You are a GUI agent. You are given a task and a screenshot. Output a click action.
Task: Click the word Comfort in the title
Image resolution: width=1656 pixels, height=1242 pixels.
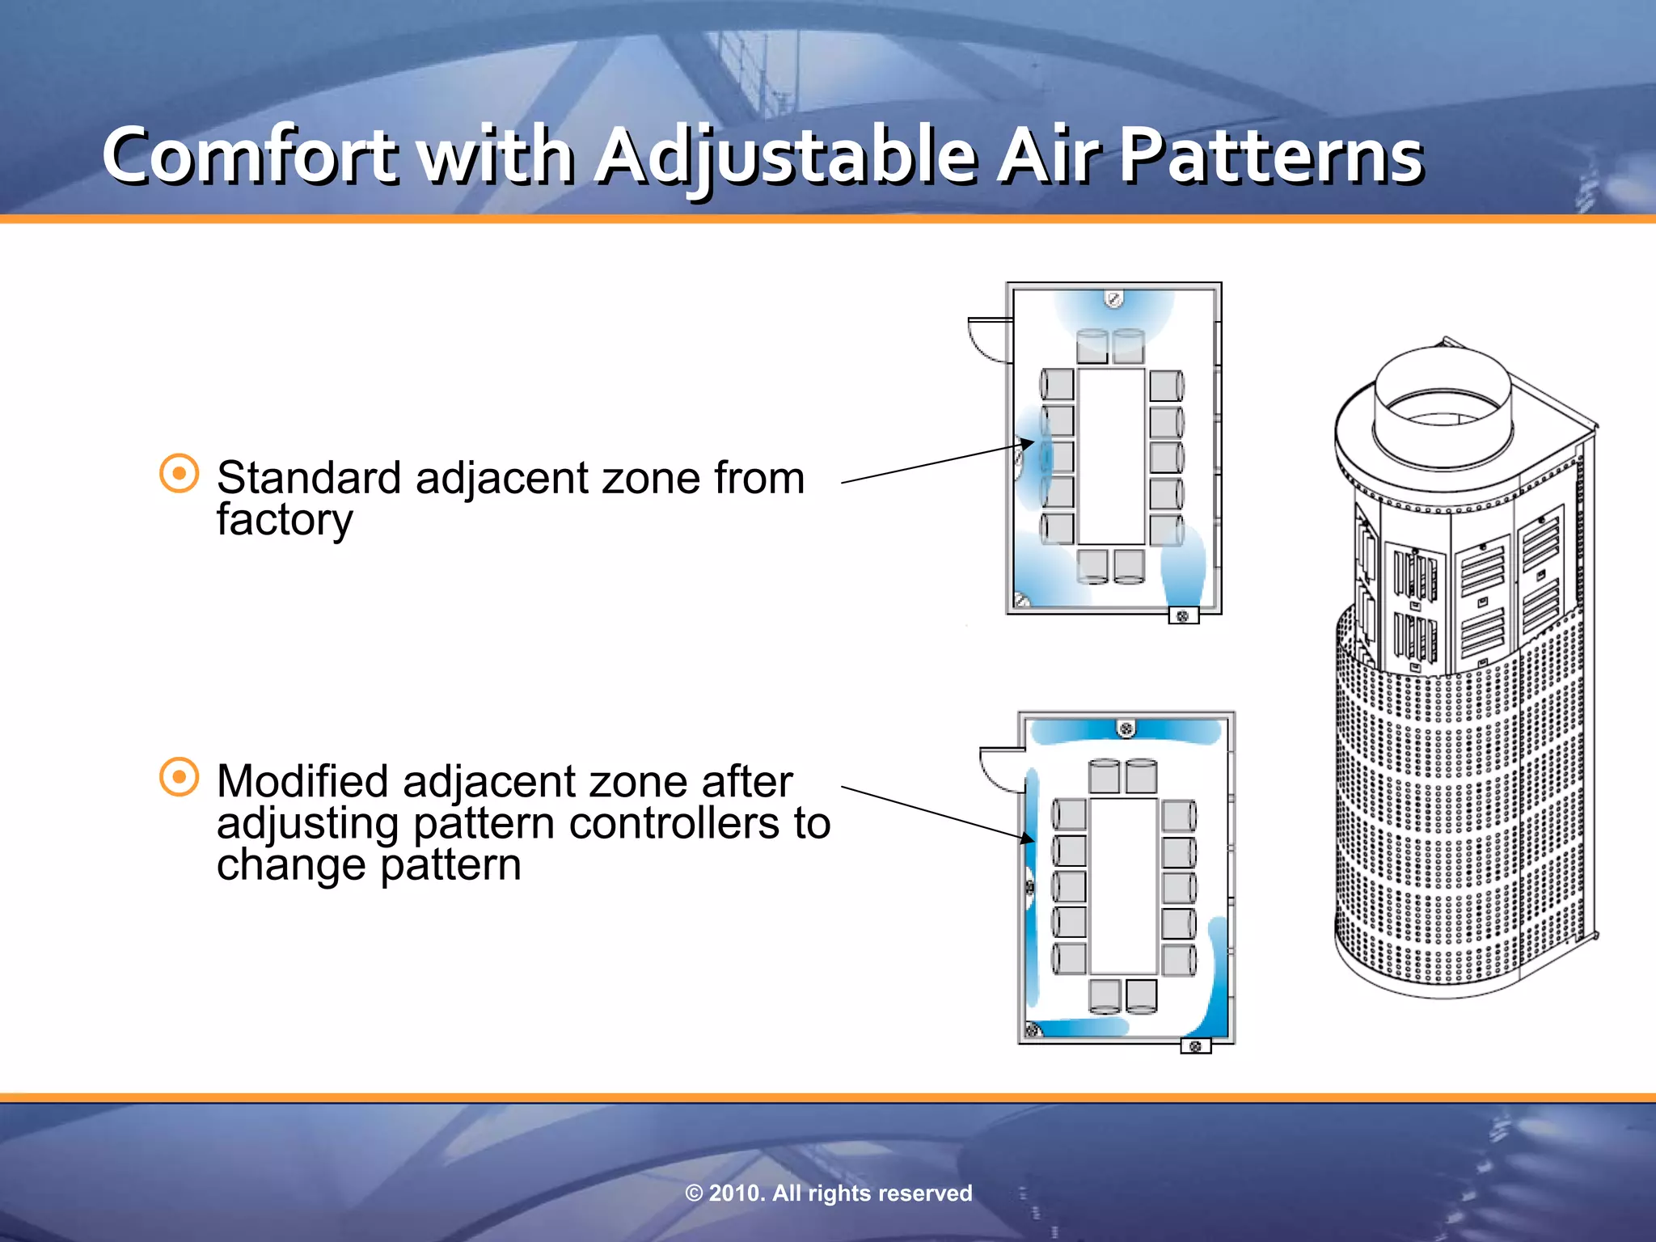(x=251, y=155)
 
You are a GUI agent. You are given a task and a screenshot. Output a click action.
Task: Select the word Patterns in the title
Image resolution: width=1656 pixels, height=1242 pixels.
(x=1271, y=155)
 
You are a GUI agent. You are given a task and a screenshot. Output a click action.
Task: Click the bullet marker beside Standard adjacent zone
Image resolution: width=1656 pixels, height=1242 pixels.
(x=179, y=473)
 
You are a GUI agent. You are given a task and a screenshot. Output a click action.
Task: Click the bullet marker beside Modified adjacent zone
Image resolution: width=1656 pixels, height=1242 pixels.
(x=179, y=777)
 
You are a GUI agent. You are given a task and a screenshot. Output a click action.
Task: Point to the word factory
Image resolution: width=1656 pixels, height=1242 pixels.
(x=285, y=520)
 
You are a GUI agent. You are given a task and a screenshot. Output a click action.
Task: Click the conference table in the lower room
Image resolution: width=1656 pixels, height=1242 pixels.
(x=1123, y=885)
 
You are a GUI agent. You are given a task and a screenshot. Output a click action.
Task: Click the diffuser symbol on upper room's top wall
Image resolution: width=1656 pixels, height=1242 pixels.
(x=1113, y=299)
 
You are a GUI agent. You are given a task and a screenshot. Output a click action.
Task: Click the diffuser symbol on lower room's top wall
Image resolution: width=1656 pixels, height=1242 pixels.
(x=1126, y=729)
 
